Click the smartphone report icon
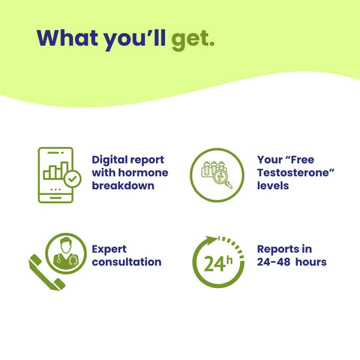56,174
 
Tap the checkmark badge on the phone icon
72,179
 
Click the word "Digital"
109,160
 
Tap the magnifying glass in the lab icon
223,180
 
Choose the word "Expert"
110,248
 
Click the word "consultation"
127,262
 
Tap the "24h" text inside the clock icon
217,264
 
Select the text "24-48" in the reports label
274,262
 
